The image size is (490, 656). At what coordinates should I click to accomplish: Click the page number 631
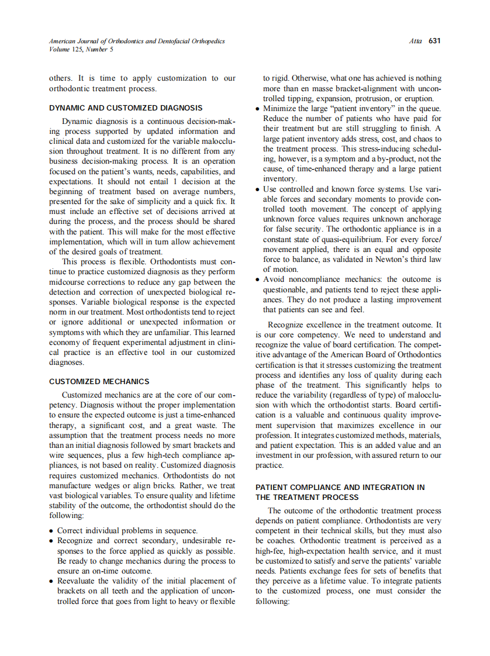(434, 41)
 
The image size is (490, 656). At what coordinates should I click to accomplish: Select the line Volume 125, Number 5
(81, 50)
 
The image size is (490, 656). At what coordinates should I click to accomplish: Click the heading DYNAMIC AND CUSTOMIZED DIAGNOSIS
(126, 108)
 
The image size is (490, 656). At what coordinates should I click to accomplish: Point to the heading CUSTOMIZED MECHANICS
(99, 382)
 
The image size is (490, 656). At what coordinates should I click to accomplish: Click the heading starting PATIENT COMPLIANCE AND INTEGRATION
(340, 487)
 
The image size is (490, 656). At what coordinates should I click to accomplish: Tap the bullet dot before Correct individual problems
(52, 531)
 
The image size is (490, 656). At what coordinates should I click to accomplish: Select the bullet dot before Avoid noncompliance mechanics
(258, 280)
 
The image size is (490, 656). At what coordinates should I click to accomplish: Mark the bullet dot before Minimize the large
(258, 109)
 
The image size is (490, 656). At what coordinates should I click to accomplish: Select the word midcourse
(68, 282)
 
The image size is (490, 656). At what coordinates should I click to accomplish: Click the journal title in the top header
(136, 41)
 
